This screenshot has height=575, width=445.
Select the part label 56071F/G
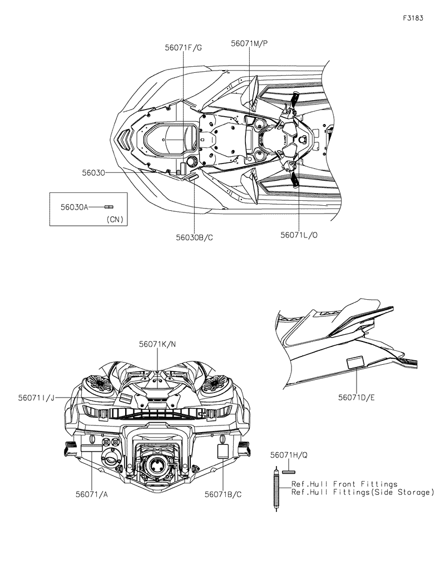[183, 48]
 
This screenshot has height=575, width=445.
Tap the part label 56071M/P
[250, 44]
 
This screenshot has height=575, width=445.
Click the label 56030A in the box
[75, 206]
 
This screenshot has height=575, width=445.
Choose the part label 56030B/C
[195, 237]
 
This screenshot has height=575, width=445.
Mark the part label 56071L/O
[299, 235]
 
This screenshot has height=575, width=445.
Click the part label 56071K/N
[157, 344]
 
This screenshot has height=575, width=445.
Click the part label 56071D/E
[357, 398]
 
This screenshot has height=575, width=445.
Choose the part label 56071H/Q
[289, 455]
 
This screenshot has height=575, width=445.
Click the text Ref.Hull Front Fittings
[345, 484]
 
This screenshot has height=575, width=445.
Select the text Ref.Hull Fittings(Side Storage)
[362, 492]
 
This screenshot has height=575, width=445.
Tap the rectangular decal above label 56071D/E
[355, 363]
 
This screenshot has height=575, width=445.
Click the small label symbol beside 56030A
[110, 206]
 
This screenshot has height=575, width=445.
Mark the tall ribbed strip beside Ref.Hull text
[276, 489]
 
